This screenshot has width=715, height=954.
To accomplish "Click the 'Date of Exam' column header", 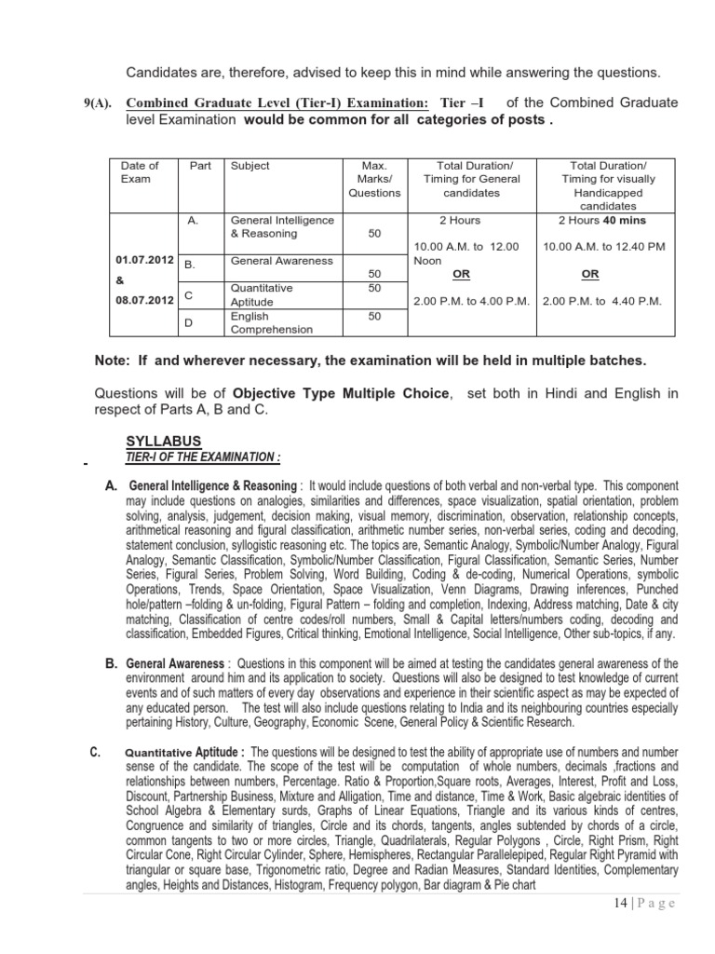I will coord(140,171).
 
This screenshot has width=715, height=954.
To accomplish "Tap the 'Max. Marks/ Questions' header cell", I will coord(374,179).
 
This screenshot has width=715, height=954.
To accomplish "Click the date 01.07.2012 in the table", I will coord(142,258).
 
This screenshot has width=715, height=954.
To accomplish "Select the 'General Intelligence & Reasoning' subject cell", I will coord(282,227).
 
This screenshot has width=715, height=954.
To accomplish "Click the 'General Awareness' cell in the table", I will coord(281,261).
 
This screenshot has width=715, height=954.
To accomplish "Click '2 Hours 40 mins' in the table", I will coord(601,221).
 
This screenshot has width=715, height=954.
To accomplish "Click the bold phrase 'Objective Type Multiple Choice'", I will coord(341,394).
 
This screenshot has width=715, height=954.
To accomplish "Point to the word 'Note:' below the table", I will coord(115,361).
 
